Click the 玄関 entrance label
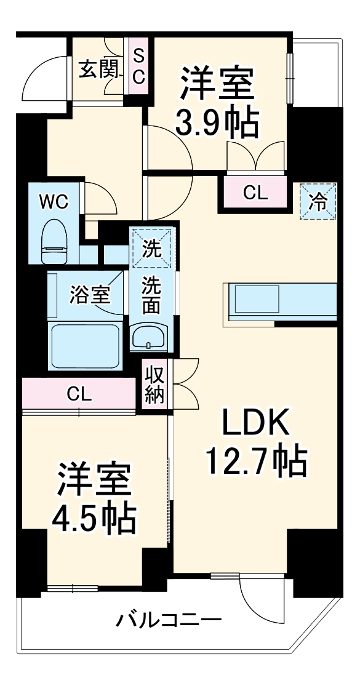click(97, 70)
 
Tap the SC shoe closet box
click(138, 66)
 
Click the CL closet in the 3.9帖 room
click(255, 193)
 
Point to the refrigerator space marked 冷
click(319, 201)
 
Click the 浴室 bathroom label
click(89, 295)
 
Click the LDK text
click(255, 424)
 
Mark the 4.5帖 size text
click(94, 521)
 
